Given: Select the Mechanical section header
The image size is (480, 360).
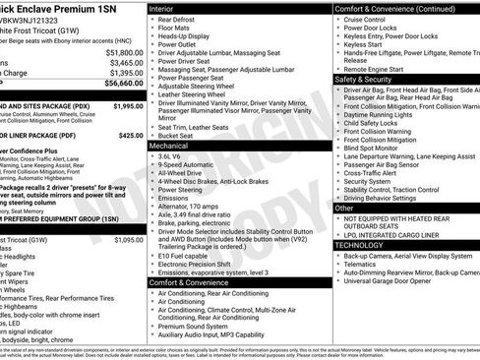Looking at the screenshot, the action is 170,145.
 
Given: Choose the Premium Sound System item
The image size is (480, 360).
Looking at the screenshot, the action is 196,326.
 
